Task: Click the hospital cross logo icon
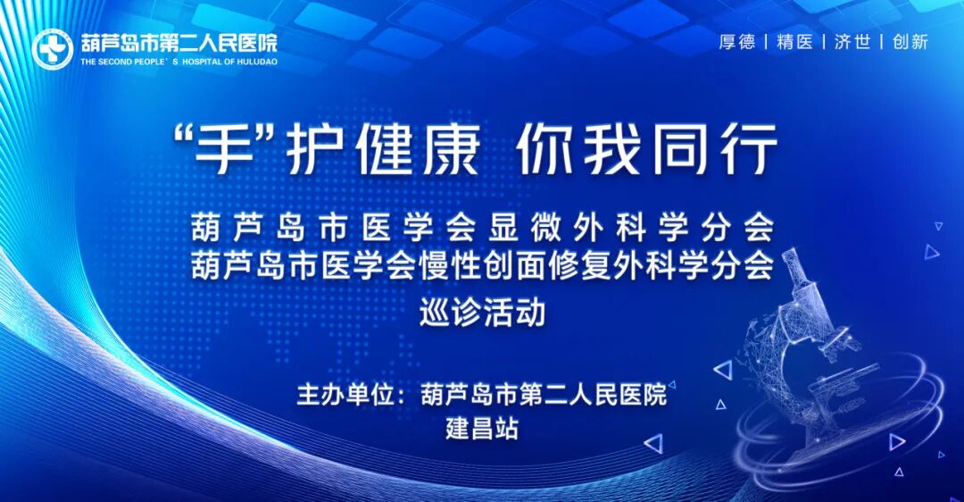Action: (53, 48)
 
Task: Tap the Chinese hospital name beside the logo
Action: (179, 42)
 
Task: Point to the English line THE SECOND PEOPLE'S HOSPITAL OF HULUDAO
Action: (179, 63)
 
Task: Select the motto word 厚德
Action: (737, 42)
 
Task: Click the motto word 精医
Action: (794, 42)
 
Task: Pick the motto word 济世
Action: (852, 42)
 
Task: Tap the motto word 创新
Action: (910, 42)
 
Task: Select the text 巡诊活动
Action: (482, 314)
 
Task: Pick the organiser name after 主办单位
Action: (544, 395)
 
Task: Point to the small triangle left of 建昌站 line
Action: (653, 443)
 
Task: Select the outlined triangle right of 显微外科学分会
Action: (932, 252)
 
